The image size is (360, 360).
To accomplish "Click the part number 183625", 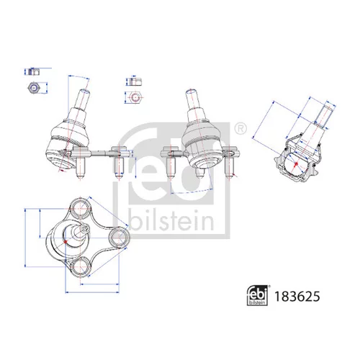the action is coord(297,297).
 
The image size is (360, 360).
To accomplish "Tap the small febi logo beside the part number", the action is coord(257,296).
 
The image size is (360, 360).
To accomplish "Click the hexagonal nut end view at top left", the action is coord(34,88).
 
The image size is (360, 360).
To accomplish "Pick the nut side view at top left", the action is coord(34,72).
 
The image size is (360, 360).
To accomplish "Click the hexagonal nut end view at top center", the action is coord(135,97).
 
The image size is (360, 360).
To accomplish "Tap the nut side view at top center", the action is coord(135,81).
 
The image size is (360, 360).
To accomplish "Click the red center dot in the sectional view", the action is coord(296,164).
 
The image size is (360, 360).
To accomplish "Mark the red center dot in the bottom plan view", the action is coord(66,242).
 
